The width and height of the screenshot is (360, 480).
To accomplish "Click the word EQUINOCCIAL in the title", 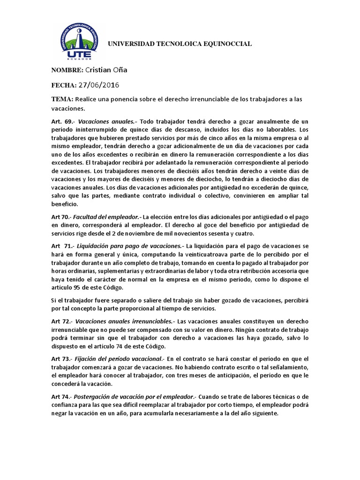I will pos(228,44).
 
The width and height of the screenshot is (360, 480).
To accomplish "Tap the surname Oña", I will pos(120,70).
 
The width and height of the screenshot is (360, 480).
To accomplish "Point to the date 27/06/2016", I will pos(99,85).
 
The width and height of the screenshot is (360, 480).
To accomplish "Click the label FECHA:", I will pos(64,85).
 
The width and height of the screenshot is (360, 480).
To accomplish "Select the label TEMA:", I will pos(62,100).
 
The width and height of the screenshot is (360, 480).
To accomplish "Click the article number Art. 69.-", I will pos(62,121).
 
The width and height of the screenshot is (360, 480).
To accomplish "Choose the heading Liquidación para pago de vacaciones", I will pos(130,246).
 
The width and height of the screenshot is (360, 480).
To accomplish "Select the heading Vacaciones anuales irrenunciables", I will pos(124,322).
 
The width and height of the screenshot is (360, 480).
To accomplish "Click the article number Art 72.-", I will pos(61,322).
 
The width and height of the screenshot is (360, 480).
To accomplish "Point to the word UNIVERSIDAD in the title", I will pos(131,44).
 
